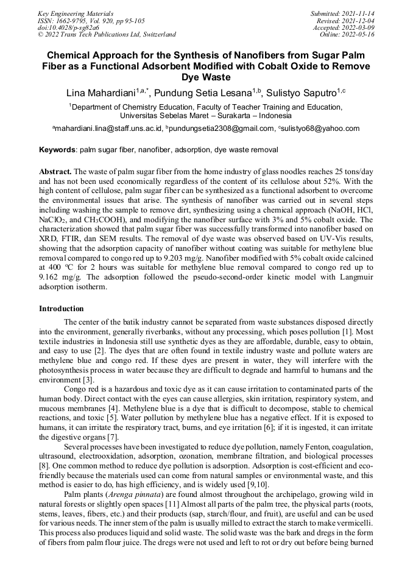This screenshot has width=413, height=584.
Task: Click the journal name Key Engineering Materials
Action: click(75, 13)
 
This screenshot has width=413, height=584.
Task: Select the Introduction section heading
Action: click(62, 309)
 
